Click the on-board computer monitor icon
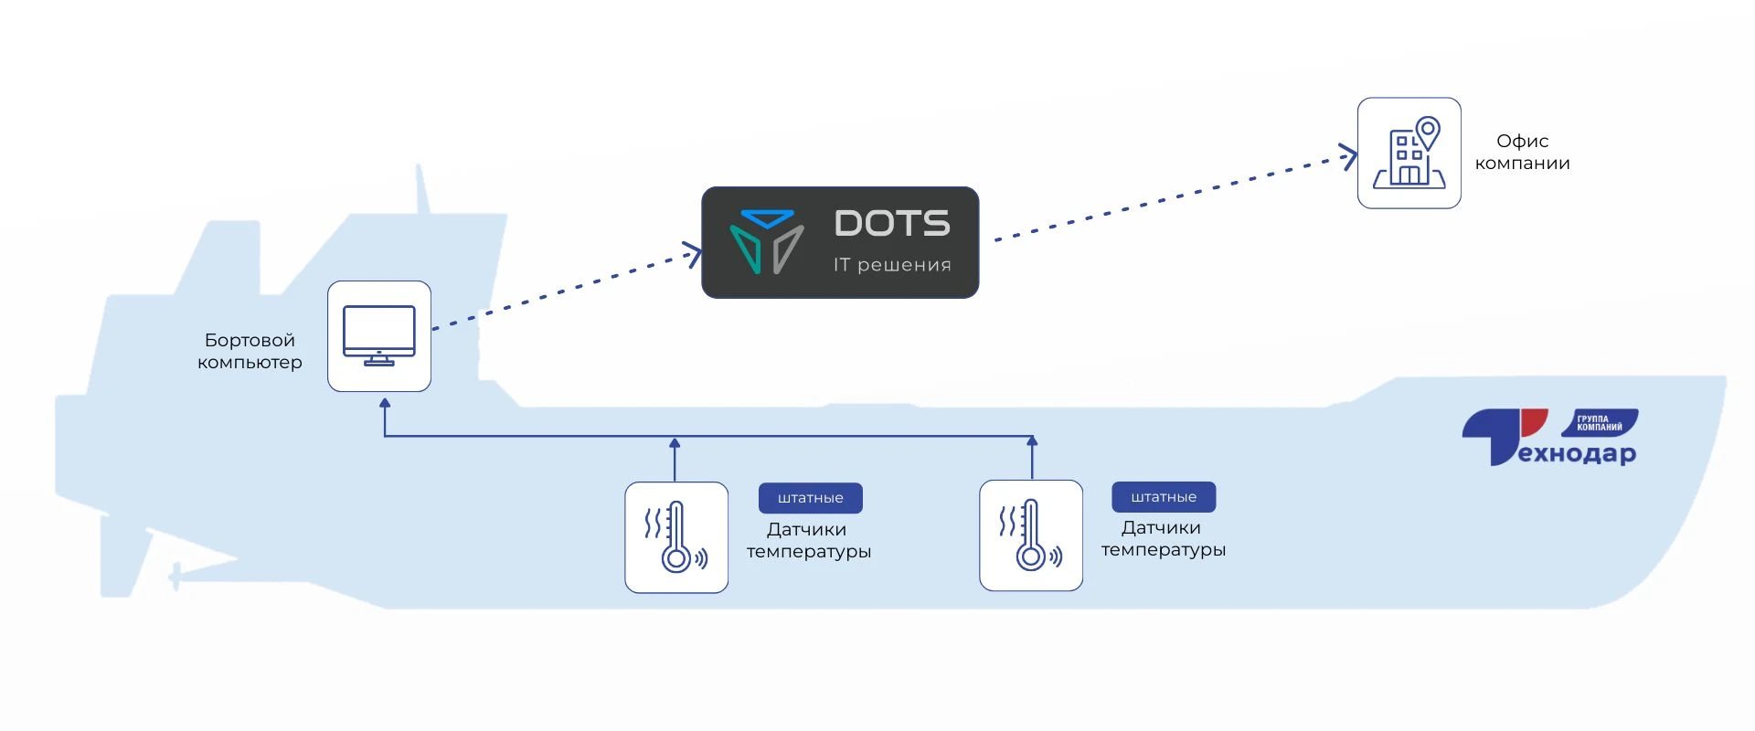[379, 336]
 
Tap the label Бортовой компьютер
[250, 352]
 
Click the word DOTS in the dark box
[892, 224]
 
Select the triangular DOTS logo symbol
[767, 242]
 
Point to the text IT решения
[892, 265]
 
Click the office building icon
[1409, 154]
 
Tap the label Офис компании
[1522, 153]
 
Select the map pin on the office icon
[1428, 132]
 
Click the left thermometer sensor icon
[676, 537]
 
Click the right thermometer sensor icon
[1031, 535]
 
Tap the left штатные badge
[811, 498]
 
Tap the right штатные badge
[1164, 497]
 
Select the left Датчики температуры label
[809, 541]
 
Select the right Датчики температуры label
[1164, 539]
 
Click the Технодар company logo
[1548, 438]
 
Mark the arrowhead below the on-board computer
[385, 403]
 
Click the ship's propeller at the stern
[175, 577]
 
